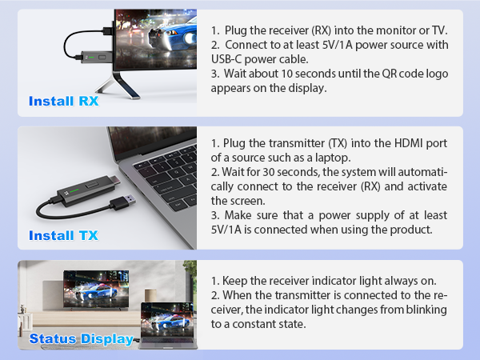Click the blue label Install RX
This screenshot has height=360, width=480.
(x=63, y=102)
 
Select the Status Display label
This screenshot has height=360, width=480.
(x=81, y=339)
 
